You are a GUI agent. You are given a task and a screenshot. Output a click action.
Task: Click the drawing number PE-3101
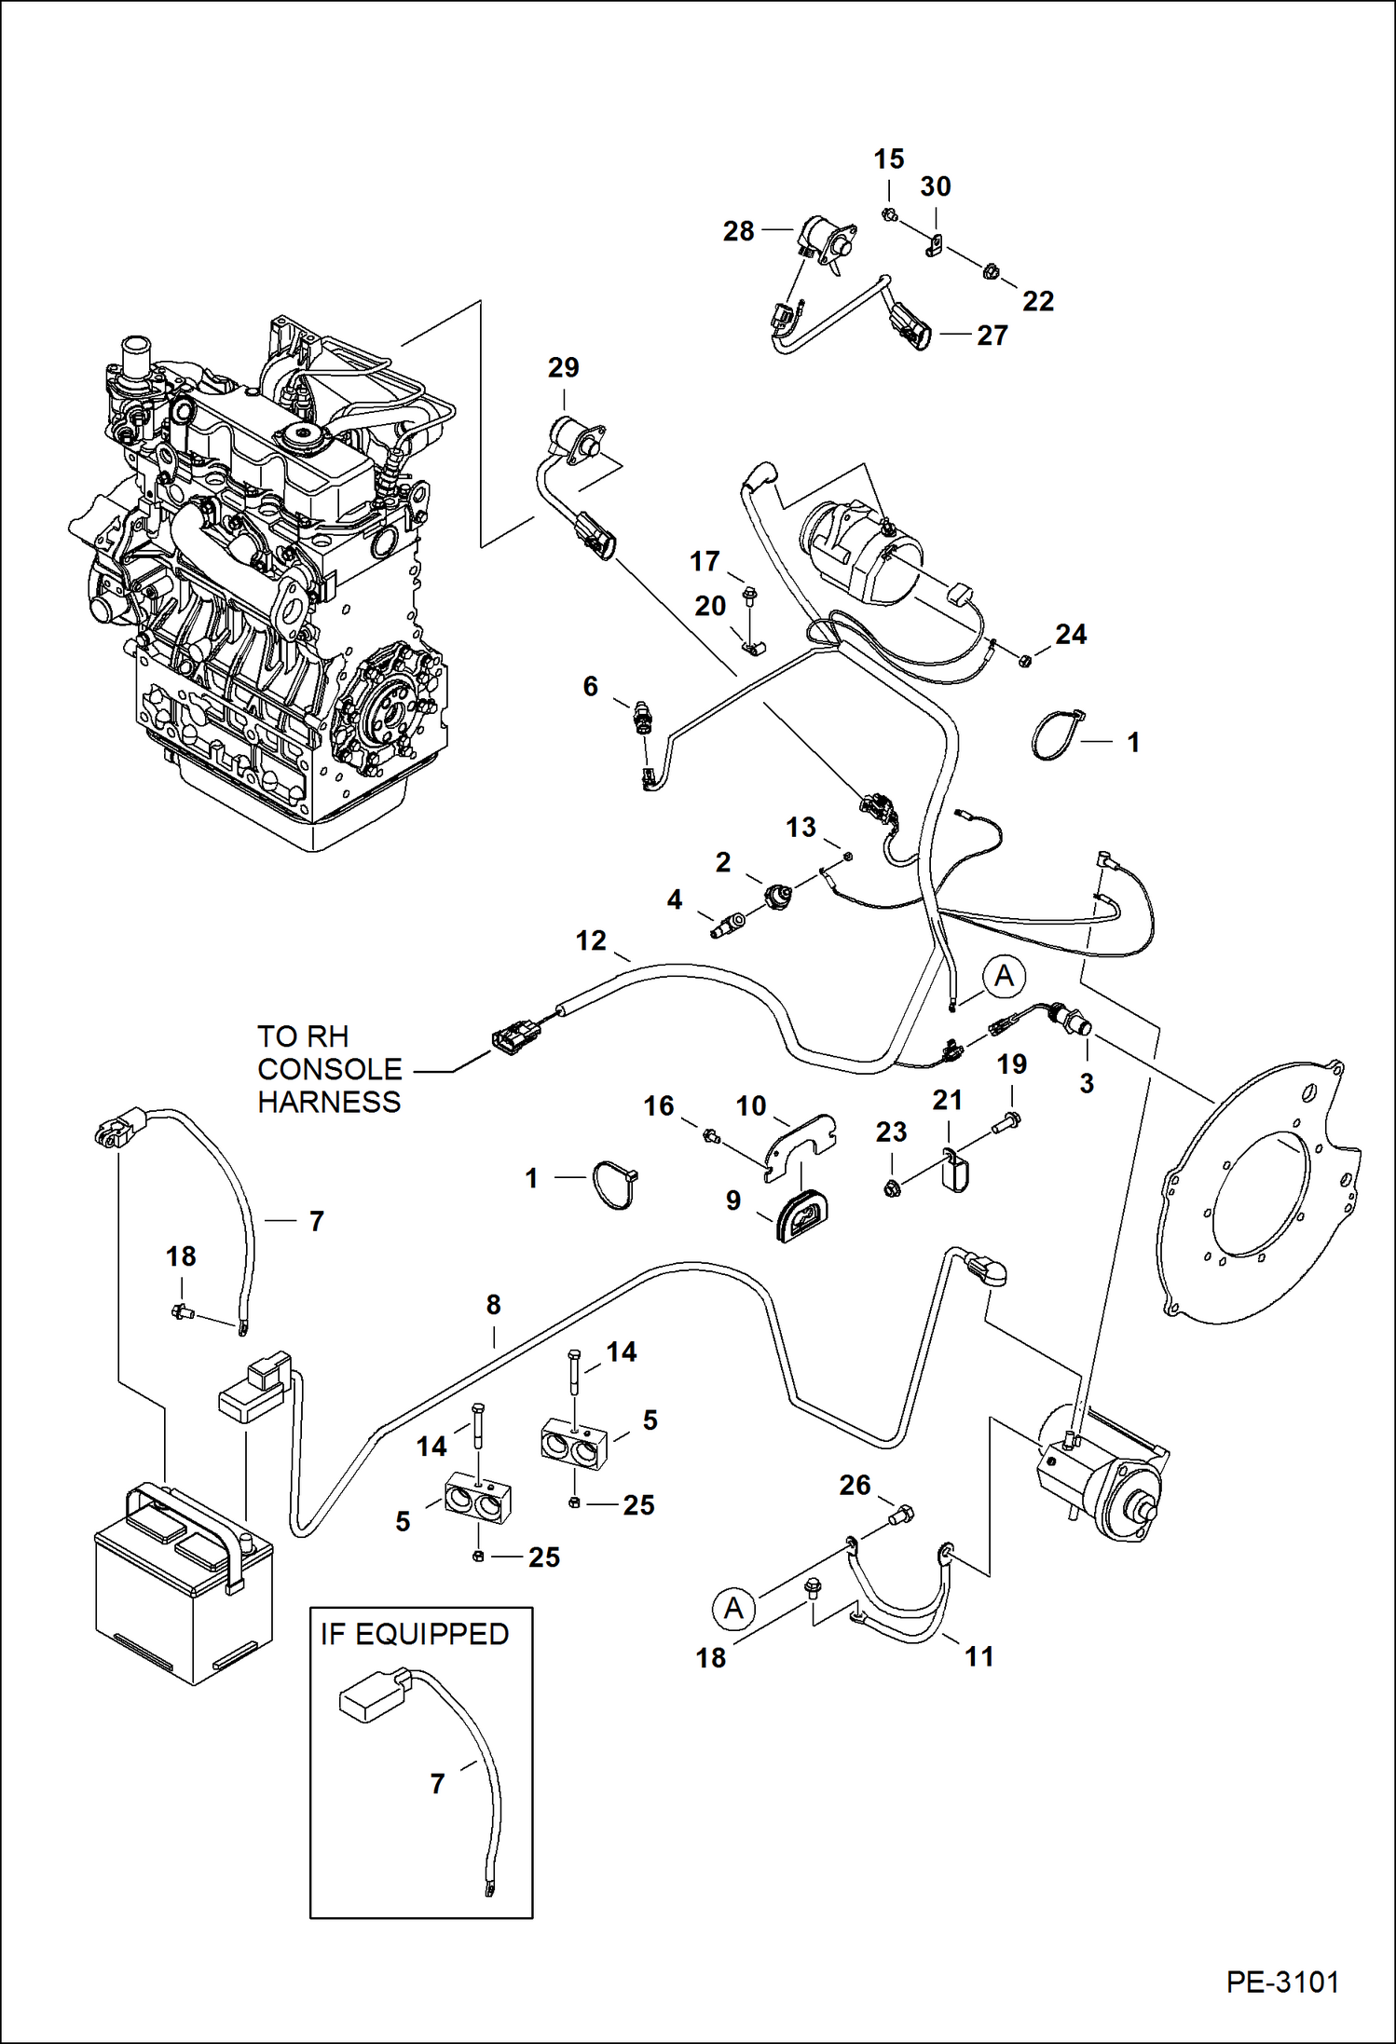[1282, 1982]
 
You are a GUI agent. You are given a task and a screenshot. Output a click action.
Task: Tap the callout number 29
[563, 368]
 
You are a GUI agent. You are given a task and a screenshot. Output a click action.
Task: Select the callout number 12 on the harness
[591, 940]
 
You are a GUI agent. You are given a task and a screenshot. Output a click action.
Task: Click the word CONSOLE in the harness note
[329, 1069]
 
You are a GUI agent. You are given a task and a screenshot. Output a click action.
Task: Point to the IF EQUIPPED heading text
[415, 1634]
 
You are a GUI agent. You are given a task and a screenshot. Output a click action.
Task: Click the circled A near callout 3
[1004, 976]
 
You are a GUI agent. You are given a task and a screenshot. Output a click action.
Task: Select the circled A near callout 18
[733, 1608]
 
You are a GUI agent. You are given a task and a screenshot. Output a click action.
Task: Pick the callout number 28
[738, 231]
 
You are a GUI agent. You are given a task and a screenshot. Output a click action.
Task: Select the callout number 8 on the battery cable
[493, 1305]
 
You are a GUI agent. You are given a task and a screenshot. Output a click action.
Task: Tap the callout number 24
[1071, 635]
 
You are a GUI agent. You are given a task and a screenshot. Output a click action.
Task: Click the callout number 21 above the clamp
[947, 1101]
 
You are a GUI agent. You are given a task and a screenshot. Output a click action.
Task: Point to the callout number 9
[733, 1200]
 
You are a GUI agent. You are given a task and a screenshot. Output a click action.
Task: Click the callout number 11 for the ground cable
[979, 1656]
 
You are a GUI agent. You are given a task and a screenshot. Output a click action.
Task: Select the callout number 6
[590, 687]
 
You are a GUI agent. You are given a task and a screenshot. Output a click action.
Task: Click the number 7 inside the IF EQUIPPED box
[437, 1784]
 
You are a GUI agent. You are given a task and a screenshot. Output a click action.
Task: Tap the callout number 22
[1038, 301]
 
